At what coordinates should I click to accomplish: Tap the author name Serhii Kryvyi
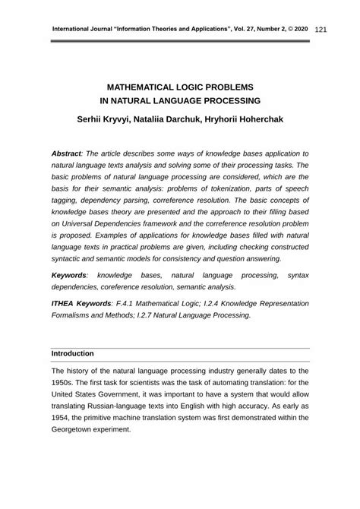point(109,119)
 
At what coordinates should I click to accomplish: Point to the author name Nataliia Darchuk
point(183,119)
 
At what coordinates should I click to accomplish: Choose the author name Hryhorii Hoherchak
point(258,119)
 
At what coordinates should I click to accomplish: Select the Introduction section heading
point(72,353)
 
